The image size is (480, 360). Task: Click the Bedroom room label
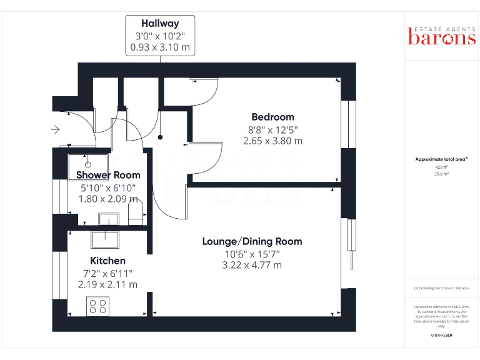pos(272,117)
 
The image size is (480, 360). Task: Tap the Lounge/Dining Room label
pos(252,241)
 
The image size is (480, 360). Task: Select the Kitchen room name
pos(107,260)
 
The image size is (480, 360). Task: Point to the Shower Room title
pos(108,175)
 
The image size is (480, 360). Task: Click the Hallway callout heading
pos(160,24)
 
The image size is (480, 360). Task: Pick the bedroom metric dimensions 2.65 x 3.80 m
pos(272,141)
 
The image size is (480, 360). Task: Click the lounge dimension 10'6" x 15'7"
pos(252,254)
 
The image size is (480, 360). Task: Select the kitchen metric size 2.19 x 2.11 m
pos(107,284)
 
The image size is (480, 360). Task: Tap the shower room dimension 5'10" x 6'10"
pos(107,187)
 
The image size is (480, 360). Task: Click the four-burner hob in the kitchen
pos(97,306)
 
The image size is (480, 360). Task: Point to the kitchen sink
pos(104,239)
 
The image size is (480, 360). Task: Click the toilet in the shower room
pos(136,212)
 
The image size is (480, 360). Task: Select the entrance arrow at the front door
pos(56,130)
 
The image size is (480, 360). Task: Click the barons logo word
pos(441,38)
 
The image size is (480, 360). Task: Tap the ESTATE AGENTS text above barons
pos(441,27)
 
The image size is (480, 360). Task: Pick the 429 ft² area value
pos(441,167)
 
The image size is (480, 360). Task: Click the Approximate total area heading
pos(441,159)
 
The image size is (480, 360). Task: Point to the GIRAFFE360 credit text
pos(441,336)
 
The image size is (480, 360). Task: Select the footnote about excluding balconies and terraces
pos(441,288)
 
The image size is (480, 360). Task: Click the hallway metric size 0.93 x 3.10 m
pos(160,47)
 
